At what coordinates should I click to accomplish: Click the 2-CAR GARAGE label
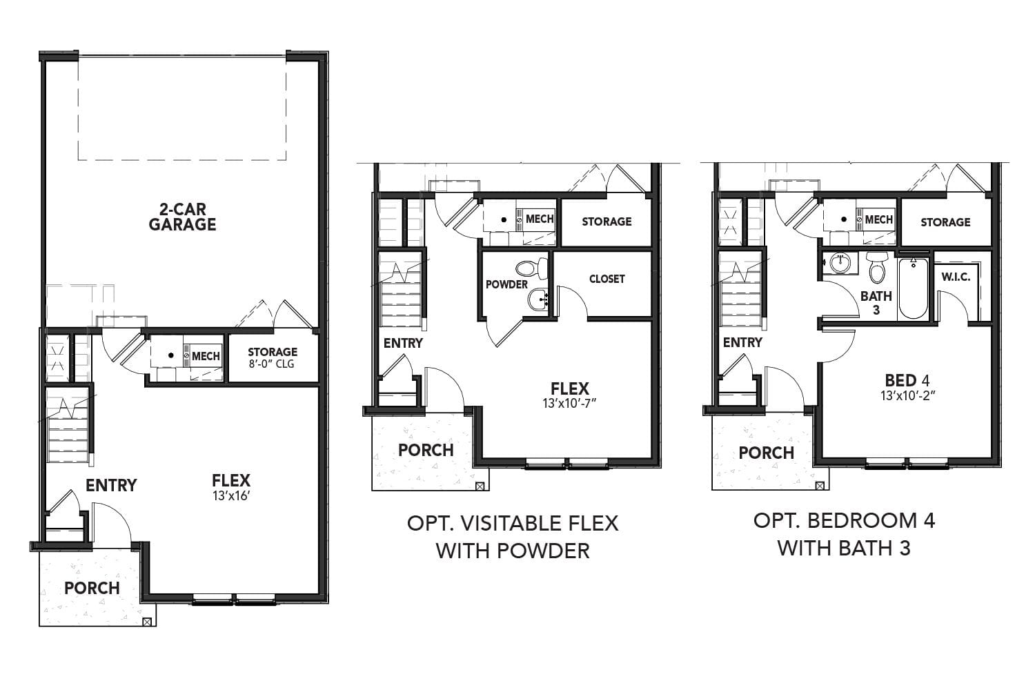click(x=182, y=217)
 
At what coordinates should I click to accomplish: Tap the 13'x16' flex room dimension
click(x=231, y=495)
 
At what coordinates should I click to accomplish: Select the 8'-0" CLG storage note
click(x=273, y=364)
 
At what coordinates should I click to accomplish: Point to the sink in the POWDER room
click(x=538, y=299)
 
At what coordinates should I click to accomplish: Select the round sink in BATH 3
click(x=839, y=262)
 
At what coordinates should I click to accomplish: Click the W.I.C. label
click(x=956, y=277)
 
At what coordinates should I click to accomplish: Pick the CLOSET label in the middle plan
click(x=607, y=279)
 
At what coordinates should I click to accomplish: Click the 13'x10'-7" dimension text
click(x=569, y=403)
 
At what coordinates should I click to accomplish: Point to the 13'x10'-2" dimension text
click(x=907, y=396)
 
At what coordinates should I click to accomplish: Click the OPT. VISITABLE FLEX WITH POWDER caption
click(x=513, y=536)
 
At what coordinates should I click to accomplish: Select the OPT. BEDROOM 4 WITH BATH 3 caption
click(x=844, y=533)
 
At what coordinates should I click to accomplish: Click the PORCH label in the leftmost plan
click(x=92, y=588)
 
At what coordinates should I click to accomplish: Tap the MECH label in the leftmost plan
click(x=206, y=356)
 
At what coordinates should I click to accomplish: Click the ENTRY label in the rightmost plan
click(x=742, y=342)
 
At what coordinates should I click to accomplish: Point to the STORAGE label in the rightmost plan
click(x=945, y=222)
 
